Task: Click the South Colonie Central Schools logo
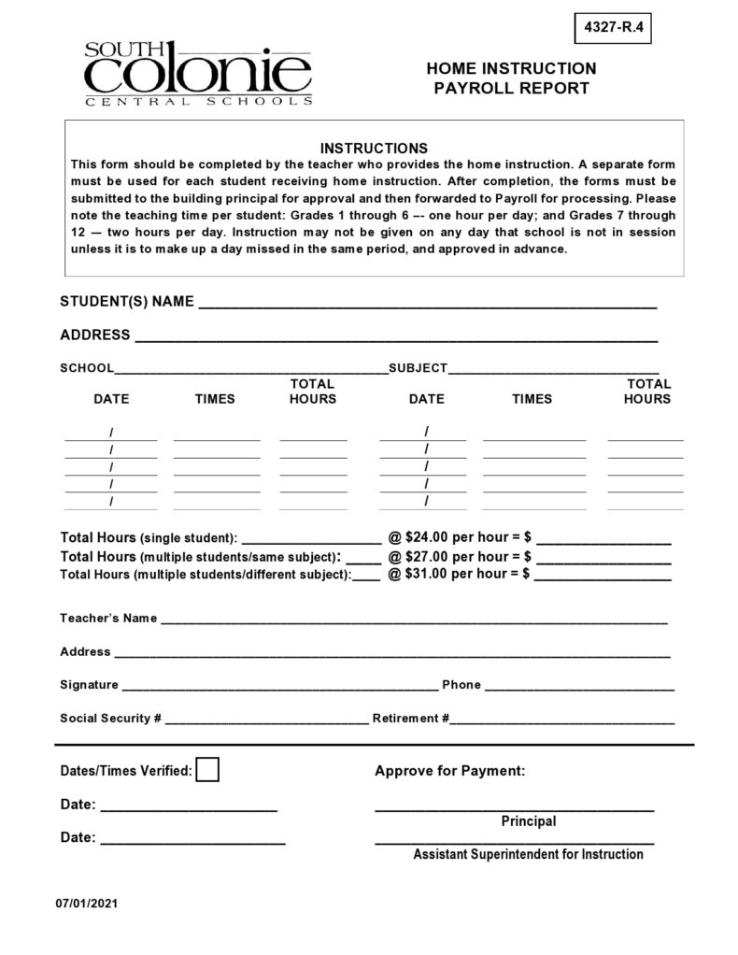197,73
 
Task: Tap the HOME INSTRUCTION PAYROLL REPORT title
510,78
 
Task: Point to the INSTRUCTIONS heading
374,149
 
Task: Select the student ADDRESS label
94,335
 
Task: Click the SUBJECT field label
418,368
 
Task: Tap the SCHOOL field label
87,368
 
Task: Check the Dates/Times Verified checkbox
208,770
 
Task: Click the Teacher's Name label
108,619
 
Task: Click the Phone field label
461,685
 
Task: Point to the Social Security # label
111,719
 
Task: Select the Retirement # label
411,719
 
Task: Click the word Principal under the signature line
528,821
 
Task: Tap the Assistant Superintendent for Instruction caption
528,854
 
